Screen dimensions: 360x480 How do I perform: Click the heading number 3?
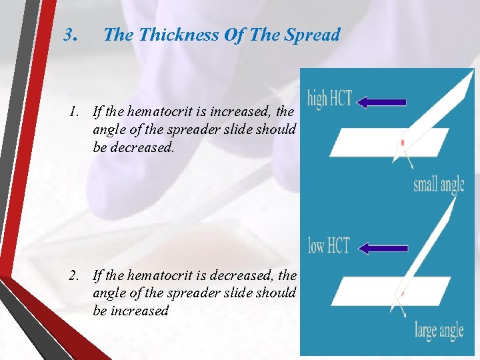pos(71,35)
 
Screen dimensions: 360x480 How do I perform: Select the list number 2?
pos(75,275)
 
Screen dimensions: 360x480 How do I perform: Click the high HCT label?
pos(329,101)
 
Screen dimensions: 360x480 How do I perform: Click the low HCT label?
pos(329,245)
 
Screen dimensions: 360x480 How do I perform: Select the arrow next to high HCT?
pos(381,103)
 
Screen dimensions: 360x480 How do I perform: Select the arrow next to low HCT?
pos(383,248)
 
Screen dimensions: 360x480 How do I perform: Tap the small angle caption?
pos(439,183)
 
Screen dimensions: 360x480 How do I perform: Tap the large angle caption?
pos(439,329)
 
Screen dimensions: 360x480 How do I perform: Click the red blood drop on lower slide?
pos(403,293)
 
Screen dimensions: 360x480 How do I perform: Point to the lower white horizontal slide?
pos(373,292)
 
